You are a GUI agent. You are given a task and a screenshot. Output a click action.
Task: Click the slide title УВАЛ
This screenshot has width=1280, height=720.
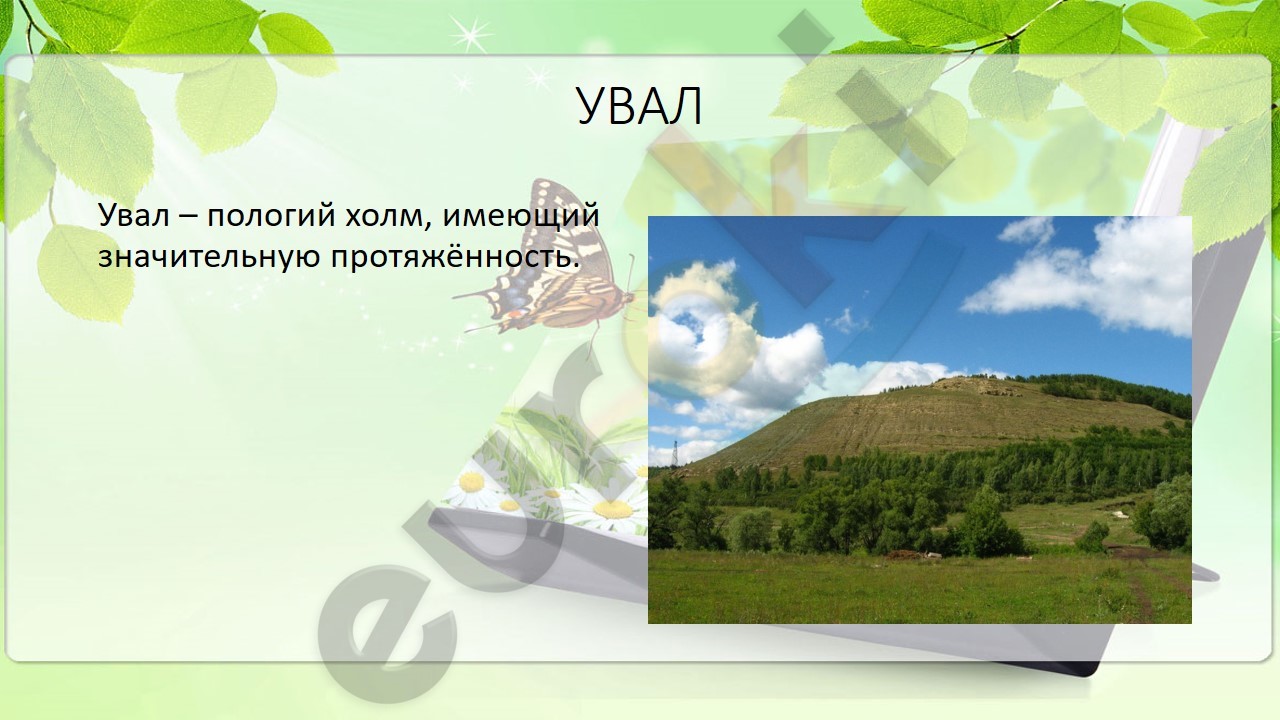point(639,106)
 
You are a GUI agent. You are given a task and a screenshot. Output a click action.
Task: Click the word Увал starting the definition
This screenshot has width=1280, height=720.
point(134,216)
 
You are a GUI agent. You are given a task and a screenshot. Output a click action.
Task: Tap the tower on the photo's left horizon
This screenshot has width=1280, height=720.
point(675,454)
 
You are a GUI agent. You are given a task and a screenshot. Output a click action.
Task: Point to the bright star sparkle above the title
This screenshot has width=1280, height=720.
point(470,34)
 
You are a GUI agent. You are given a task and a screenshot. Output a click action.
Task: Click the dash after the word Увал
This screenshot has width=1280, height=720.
point(188,218)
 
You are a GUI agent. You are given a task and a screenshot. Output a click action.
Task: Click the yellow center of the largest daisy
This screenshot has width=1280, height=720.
point(613,509)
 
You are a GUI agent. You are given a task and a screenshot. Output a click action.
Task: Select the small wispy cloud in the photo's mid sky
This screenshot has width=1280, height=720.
point(849,322)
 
